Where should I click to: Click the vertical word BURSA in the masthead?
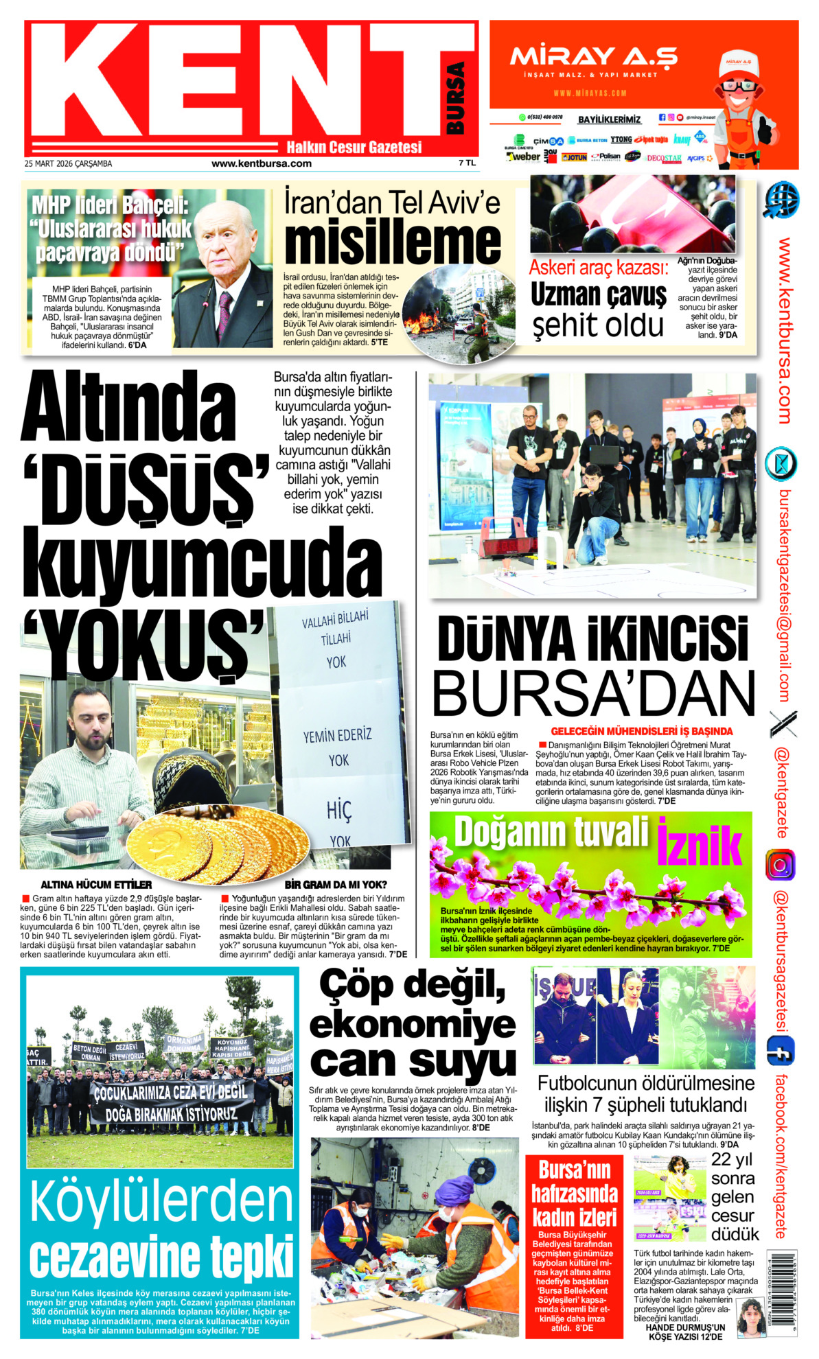click(x=454, y=98)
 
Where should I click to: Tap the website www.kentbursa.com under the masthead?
click(x=261, y=163)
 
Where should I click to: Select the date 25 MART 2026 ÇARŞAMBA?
click(x=68, y=163)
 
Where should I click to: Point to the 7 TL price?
click(x=467, y=163)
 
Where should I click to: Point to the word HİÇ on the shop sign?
click(x=339, y=811)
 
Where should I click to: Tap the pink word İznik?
click(x=700, y=842)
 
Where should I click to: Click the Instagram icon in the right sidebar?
click(x=781, y=865)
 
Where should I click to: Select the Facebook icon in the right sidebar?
click(x=781, y=1051)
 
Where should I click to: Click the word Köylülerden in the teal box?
click(x=161, y=1200)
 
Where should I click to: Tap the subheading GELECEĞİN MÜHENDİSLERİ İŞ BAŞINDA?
click(x=641, y=732)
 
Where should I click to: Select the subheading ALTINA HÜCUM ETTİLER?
click(x=96, y=885)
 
